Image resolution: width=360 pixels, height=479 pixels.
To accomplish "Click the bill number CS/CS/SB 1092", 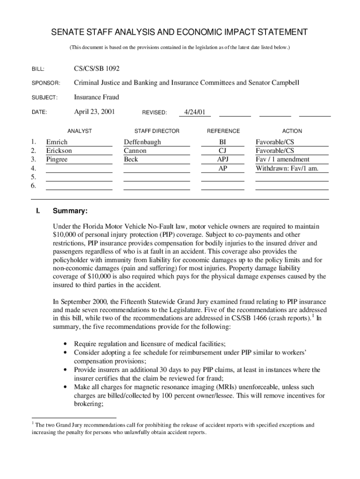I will coord(97,69).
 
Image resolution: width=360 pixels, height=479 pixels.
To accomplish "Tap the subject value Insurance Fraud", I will coord(96,97).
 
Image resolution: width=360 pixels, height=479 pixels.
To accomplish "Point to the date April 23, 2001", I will coord(94,112).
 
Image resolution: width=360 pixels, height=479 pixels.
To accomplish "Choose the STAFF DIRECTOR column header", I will coord(157,131).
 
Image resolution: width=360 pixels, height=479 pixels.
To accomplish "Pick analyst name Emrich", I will coord(57,142).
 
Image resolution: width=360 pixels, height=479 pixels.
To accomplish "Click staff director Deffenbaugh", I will coord(142,142).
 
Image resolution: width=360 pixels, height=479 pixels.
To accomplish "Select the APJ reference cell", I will coord(223,160).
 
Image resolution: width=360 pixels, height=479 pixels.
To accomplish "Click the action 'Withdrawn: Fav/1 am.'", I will coord(287,168).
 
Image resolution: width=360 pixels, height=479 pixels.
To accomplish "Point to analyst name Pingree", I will coord(57,160).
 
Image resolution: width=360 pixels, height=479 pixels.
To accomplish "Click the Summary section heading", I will coord(70,211).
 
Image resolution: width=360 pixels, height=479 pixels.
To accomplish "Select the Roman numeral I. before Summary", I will coord(37,211).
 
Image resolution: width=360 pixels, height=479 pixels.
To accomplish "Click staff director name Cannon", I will coord(135,151).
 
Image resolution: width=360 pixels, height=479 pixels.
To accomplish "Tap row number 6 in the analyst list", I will coord(34,186).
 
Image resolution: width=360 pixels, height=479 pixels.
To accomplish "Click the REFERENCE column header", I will coord(223,131).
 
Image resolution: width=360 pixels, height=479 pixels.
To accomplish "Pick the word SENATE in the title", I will coord(67,32).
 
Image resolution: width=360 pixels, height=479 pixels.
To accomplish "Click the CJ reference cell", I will coord(223,151).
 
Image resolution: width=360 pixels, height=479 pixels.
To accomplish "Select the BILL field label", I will coord(38,69).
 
